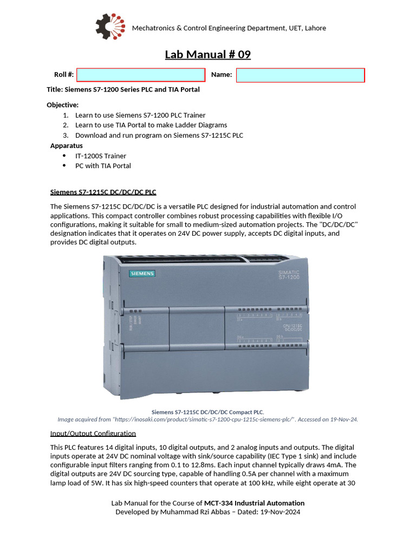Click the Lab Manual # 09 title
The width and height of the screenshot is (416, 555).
[x=208, y=55]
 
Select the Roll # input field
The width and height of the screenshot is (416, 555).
[x=141, y=75]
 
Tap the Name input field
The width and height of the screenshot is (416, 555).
[x=300, y=75]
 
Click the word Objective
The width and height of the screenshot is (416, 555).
[x=62, y=105]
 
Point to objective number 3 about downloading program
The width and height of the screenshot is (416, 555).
[x=159, y=135]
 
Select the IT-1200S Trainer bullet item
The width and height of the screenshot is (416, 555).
[x=101, y=156]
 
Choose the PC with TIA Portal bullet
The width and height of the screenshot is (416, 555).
[x=103, y=166]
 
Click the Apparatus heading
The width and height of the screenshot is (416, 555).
[x=67, y=145]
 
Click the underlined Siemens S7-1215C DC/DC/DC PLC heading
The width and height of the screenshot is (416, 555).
[x=103, y=192]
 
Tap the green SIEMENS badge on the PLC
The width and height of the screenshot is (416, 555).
[x=142, y=274]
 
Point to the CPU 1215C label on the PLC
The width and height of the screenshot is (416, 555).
[x=292, y=327]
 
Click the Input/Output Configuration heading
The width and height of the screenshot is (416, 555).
[x=93, y=434]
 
